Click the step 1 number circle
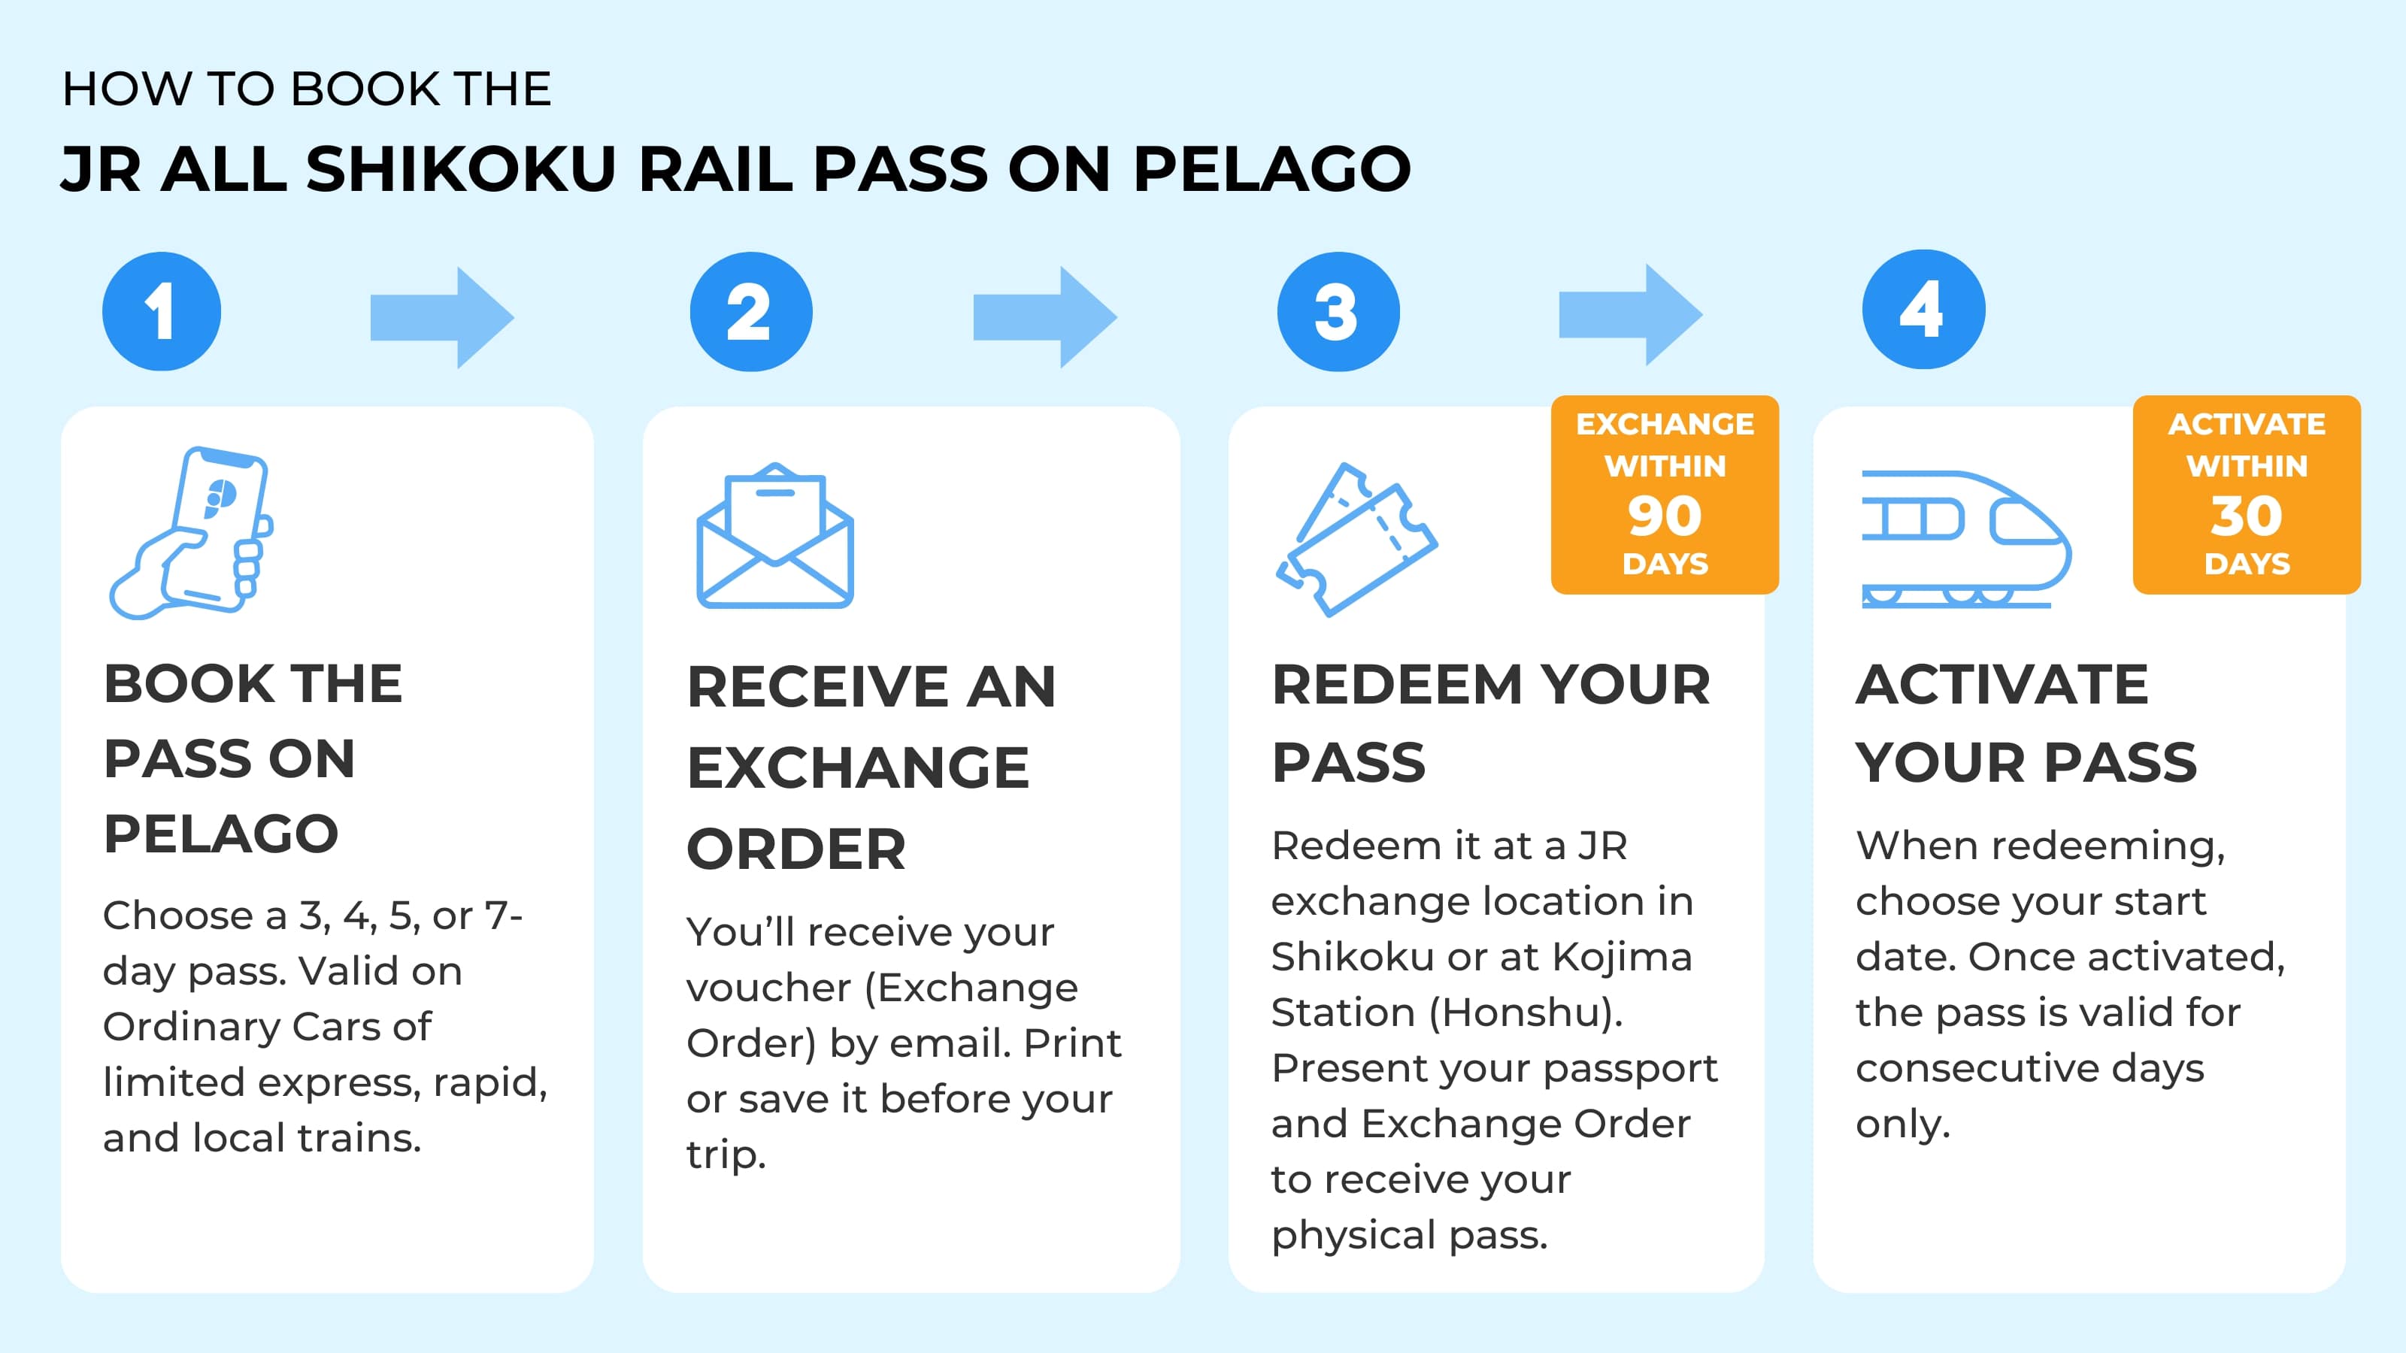[162, 311]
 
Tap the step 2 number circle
[750, 311]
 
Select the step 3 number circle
[1338, 311]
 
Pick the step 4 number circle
[1923, 309]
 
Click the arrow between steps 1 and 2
[442, 317]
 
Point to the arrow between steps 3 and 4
[1630, 315]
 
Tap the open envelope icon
[775, 536]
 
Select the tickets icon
[1356, 539]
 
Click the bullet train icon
[1965, 540]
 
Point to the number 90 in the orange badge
[1665, 516]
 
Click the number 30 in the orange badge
[2247, 516]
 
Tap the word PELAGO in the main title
[1271, 169]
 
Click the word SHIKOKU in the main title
[460, 169]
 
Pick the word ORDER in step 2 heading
[795, 849]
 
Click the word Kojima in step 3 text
[1622, 957]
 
